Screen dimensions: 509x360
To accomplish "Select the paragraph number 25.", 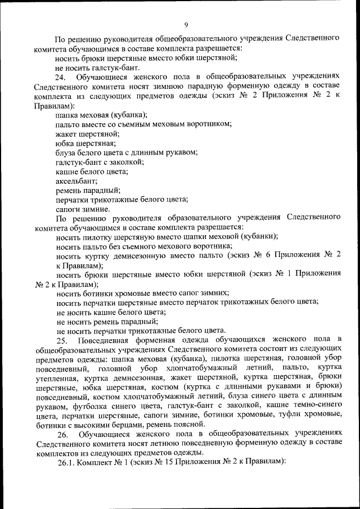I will click(61, 339).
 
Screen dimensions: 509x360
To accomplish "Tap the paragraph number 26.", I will click(61, 435).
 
